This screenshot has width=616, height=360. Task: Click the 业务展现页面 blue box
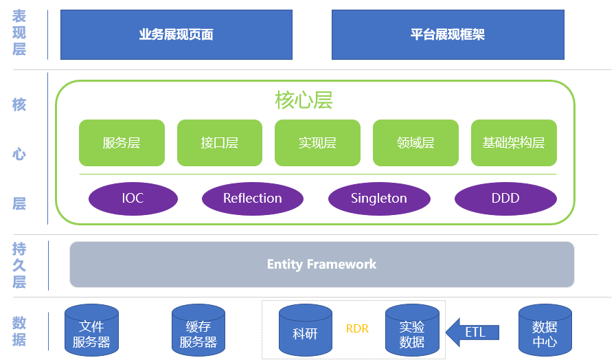coord(176,34)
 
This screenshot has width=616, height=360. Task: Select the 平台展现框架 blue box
coord(448,34)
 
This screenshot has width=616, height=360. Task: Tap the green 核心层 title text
coord(304,100)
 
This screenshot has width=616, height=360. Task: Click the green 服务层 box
coord(122,143)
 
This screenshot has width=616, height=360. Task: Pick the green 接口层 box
coord(220,143)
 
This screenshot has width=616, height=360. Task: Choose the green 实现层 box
coord(317,143)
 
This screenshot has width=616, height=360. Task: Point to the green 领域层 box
coord(415,143)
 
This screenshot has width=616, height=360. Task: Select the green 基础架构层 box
coord(514,143)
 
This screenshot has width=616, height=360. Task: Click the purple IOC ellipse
coord(133,199)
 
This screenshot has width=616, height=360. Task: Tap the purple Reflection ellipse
coord(253,199)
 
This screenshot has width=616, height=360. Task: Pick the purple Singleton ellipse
coord(379,199)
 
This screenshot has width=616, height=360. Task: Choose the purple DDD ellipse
coord(505,199)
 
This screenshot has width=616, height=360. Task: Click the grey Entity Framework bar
coord(322,265)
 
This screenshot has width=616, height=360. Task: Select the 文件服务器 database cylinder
coord(91,330)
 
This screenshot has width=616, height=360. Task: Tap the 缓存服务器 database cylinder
coord(198,330)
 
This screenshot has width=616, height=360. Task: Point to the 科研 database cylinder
coord(306,330)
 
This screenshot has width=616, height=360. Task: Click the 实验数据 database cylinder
coord(412,330)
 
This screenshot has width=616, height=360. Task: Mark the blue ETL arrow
coord(472,333)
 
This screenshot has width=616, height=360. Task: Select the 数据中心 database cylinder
coord(545,330)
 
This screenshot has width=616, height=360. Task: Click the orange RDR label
coord(357,328)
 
